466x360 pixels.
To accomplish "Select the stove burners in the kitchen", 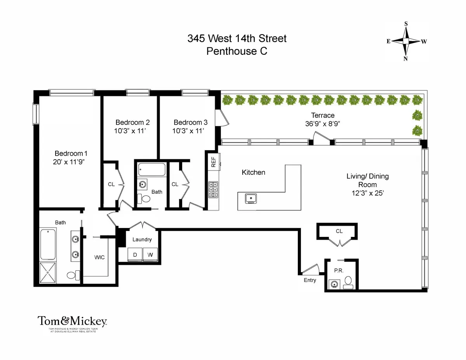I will point(213,190).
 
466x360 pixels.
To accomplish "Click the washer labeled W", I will point(150,255).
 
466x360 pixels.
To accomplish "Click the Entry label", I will point(310,280).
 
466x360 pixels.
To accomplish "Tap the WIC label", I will point(99,257).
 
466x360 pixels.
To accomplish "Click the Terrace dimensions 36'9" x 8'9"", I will point(322,124).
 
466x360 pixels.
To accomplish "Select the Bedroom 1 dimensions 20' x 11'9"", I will point(69,162).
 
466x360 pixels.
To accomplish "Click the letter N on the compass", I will point(406,59).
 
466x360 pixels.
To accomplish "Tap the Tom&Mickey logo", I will point(72,321).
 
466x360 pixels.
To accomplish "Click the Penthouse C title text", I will point(236,51).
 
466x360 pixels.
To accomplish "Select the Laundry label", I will point(142,239).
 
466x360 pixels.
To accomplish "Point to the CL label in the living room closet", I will point(339,231).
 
